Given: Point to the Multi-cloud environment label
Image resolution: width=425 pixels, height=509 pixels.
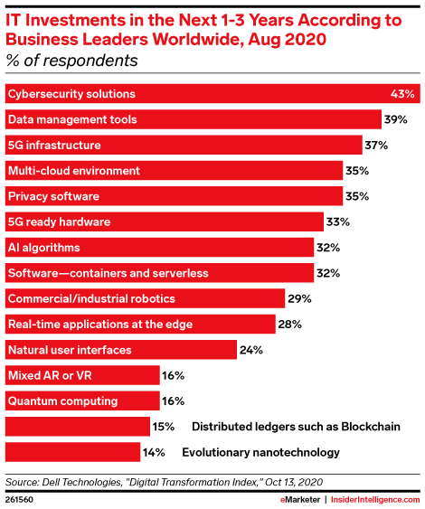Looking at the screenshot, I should click(73, 170).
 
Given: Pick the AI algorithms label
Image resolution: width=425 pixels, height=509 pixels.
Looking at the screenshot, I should click(43, 247).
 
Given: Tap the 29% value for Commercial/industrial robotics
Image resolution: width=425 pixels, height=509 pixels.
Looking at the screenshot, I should click(300, 298).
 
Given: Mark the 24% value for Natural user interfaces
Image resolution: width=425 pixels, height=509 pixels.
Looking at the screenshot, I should click(250, 349).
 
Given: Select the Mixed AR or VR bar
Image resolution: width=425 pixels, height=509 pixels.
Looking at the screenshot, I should click(73, 374).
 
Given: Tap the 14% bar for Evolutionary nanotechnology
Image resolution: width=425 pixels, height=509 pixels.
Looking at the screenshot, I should click(73, 451).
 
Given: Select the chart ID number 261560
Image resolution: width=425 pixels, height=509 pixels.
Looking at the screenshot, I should click(21, 498).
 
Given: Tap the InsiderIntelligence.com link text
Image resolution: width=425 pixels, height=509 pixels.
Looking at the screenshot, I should click(372, 498).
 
